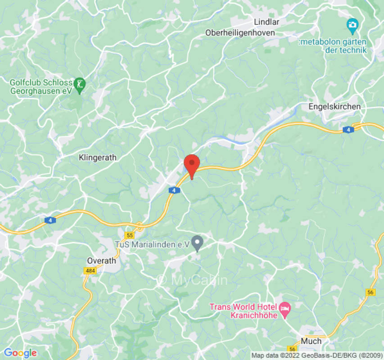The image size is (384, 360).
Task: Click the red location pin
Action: (x=192, y=165)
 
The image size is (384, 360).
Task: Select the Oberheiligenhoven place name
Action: (x=240, y=33)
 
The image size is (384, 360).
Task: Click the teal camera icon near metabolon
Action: (x=352, y=24)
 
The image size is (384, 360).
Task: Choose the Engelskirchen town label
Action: (x=334, y=107)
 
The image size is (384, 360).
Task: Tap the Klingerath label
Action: (x=98, y=157)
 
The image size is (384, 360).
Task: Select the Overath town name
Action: (x=101, y=261)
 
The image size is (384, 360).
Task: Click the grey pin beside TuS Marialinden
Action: (x=197, y=243)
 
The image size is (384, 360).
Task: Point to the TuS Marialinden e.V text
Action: (x=151, y=244)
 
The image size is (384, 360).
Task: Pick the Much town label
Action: (x=311, y=341)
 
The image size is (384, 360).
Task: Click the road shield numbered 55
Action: (x=130, y=235)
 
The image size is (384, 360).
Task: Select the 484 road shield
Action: (x=89, y=270)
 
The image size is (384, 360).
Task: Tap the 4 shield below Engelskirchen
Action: (x=347, y=130)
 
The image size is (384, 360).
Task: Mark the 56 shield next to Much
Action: (x=293, y=349)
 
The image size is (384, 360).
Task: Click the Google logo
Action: (x=20, y=353)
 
